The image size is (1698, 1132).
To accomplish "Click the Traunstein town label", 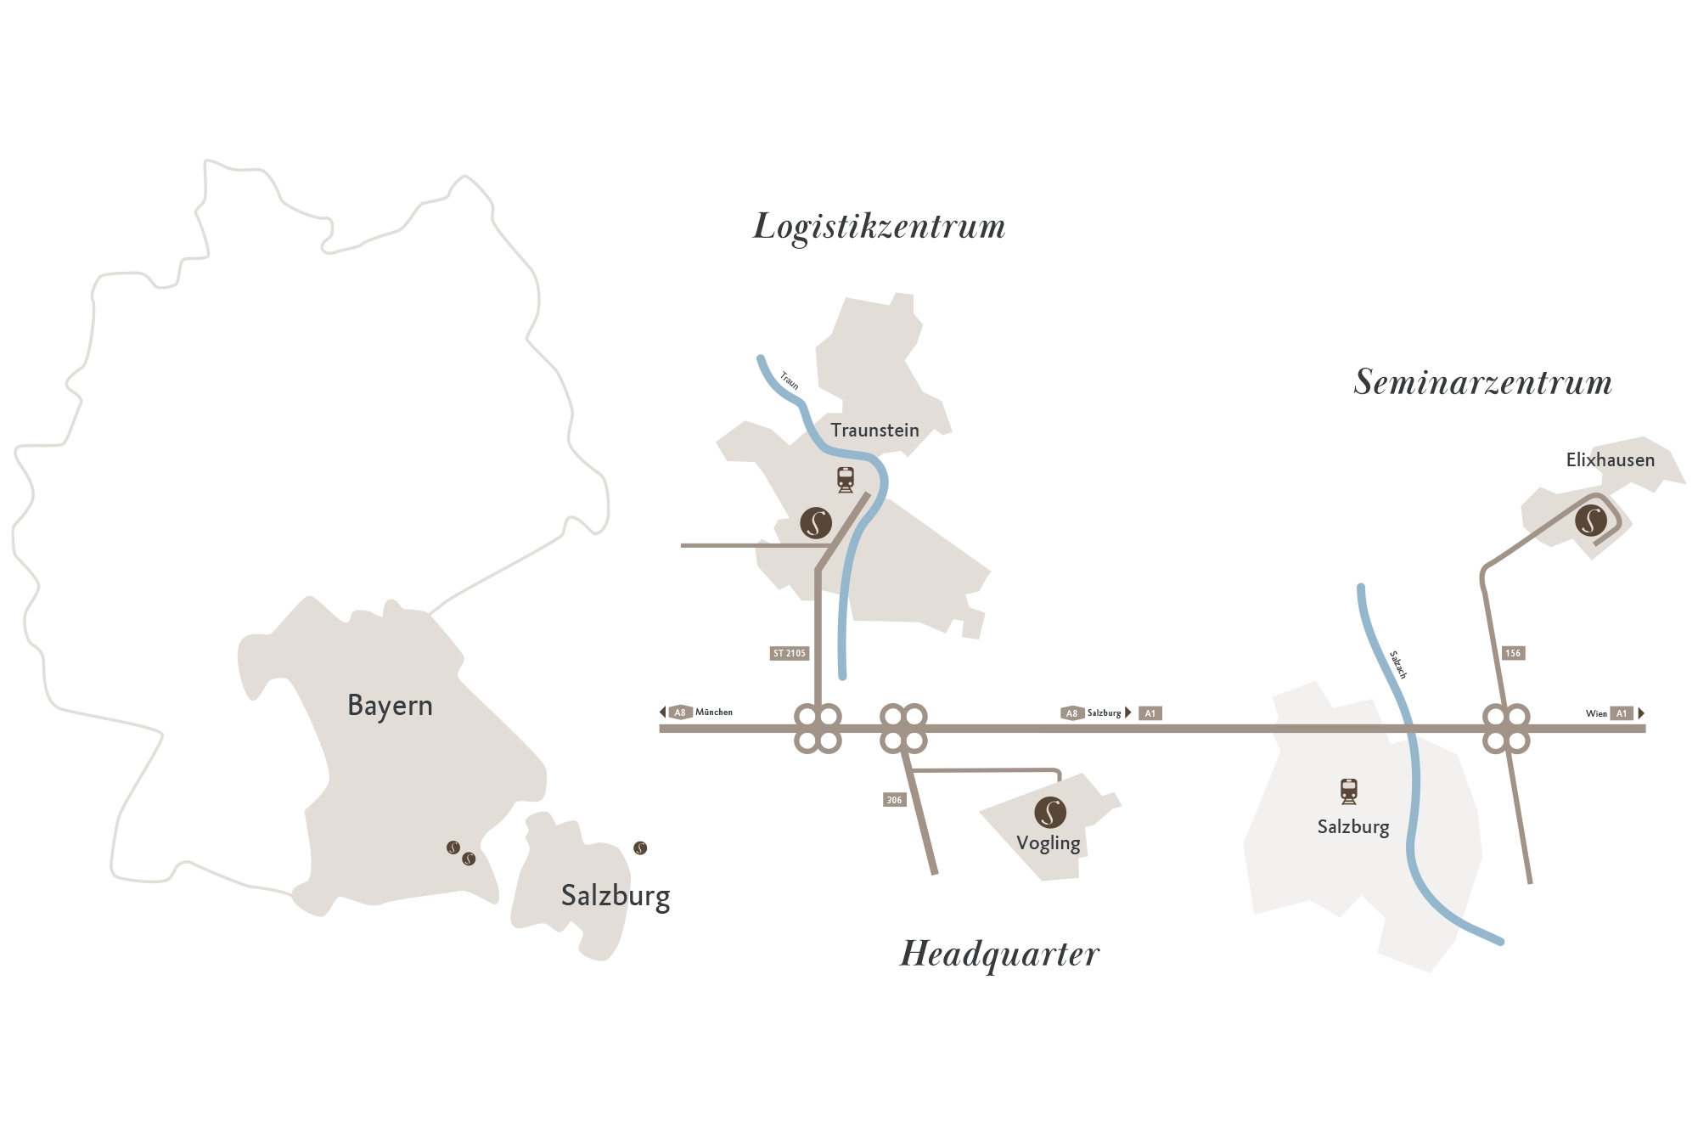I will (874, 431).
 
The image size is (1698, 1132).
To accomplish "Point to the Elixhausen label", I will (1610, 460).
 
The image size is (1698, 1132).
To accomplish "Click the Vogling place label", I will (1048, 843).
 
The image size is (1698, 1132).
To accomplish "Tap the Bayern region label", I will (390, 706).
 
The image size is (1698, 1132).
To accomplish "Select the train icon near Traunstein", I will (846, 480).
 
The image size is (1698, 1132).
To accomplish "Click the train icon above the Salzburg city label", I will (1349, 791).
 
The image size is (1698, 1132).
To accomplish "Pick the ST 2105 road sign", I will (790, 653).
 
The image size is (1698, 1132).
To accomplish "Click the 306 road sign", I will (894, 800).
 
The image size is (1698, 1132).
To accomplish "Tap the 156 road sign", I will (1513, 653).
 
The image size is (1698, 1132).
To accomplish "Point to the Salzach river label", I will (1398, 665).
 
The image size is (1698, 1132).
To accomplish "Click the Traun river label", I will (790, 380).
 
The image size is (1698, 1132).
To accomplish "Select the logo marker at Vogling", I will (1050, 812).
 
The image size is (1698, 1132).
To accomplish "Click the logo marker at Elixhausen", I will (1591, 521).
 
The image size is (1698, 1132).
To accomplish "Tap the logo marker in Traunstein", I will (816, 522).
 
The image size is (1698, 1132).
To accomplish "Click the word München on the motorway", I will (714, 712).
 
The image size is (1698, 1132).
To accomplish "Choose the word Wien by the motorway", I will (1596, 713).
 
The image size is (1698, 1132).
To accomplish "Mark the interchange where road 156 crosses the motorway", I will (1506, 729).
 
